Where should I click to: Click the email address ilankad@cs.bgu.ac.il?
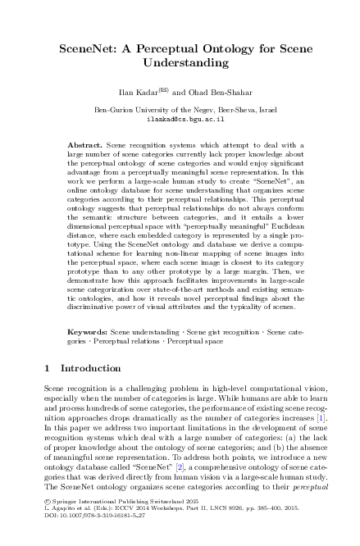point(180,118)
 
